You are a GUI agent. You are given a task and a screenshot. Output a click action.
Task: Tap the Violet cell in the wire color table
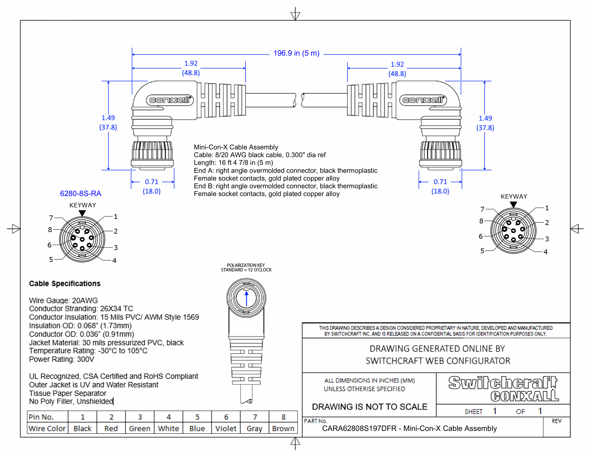(x=226, y=429)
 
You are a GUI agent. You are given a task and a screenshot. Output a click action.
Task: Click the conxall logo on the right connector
(x=423, y=100)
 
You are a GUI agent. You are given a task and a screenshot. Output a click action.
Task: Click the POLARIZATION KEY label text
(x=246, y=265)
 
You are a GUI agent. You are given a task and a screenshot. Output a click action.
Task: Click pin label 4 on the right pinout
(x=546, y=252)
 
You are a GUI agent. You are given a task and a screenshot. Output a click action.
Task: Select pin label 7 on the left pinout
(x=51, y=218)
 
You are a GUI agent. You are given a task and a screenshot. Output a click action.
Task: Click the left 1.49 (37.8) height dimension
(x=108, y=123)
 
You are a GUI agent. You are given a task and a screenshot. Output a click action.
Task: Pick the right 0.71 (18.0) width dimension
(x=440, y=186)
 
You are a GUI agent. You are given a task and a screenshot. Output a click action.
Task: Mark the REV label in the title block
(x=556, y=421)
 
